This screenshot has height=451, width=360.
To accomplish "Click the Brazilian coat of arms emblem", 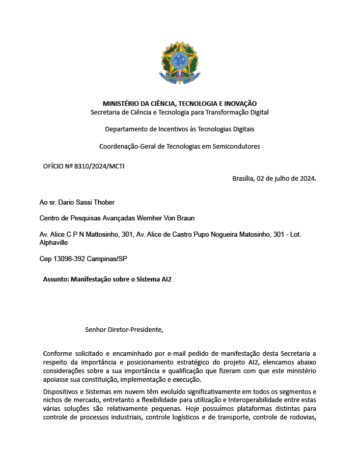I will (x=179, y=64).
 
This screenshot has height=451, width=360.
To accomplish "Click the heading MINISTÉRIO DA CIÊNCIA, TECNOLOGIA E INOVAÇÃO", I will (x=179, y=103).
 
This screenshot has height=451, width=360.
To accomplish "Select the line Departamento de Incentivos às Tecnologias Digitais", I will (x=179, y=129).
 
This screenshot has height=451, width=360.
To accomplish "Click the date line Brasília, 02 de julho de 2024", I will (x=274, y=178).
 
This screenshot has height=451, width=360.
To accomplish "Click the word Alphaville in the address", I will (x=53, y=243).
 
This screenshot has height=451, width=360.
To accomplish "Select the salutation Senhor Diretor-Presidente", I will (x=124, y=329).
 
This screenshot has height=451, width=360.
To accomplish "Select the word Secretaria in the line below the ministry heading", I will (x=105, y=112).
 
